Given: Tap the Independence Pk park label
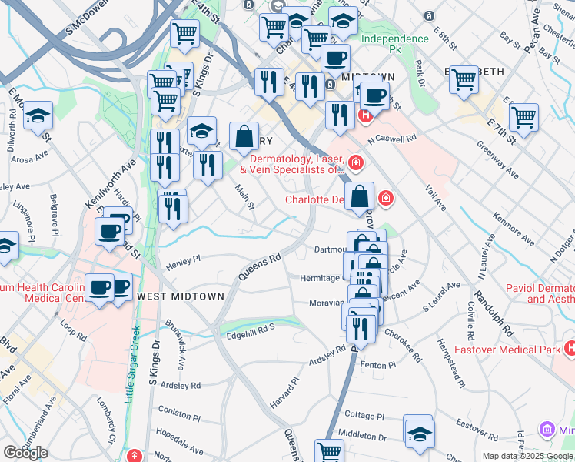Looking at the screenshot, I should (394, 44).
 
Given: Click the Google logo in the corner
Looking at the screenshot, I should (25, 453).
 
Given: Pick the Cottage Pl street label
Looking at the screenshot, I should (364, 416).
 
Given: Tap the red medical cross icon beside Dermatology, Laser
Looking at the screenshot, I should (355, 162).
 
